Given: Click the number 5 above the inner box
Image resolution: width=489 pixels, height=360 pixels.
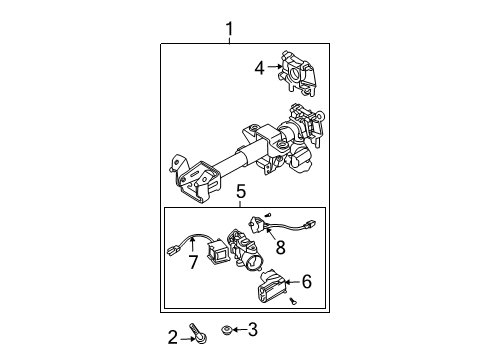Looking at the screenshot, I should [241, 192].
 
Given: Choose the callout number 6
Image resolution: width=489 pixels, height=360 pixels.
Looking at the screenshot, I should [306, 283].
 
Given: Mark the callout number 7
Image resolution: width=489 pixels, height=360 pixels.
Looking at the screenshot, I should [193, 261].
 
